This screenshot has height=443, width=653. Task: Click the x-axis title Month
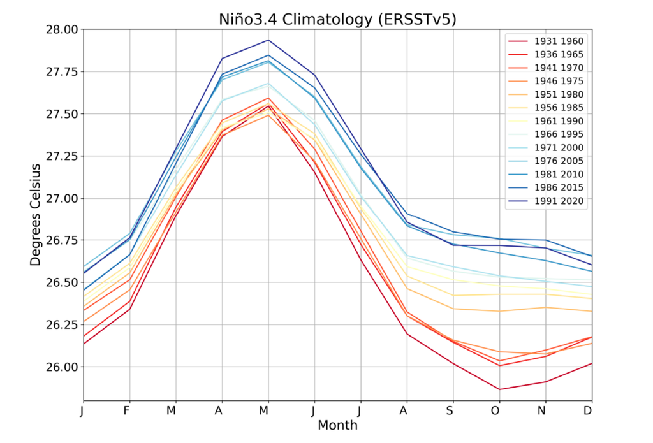pos(337,425)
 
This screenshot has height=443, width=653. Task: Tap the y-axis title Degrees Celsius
pos(36,215)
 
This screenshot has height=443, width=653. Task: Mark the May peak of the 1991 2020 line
pos(268,40)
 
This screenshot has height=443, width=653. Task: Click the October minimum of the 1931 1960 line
pos(499,389)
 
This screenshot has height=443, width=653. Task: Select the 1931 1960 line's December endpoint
pos(591,363)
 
